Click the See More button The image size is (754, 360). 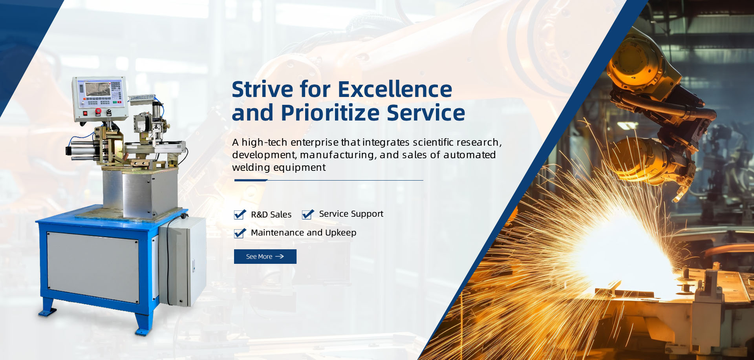265,256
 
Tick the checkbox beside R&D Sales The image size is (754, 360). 240,214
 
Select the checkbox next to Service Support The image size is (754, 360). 308,214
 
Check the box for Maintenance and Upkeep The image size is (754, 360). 240,233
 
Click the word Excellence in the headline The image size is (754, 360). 395,89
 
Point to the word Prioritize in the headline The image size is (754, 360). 330,113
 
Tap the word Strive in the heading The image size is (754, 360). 262,89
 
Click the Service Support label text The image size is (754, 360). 351,214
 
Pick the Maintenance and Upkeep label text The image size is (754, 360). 304,233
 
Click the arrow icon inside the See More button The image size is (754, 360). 280,256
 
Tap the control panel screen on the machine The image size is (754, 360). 97,89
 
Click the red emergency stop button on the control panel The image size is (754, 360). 98,111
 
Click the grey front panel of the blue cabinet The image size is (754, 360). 93,267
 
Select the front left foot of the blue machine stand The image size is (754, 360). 48,309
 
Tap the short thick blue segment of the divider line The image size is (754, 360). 251,180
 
